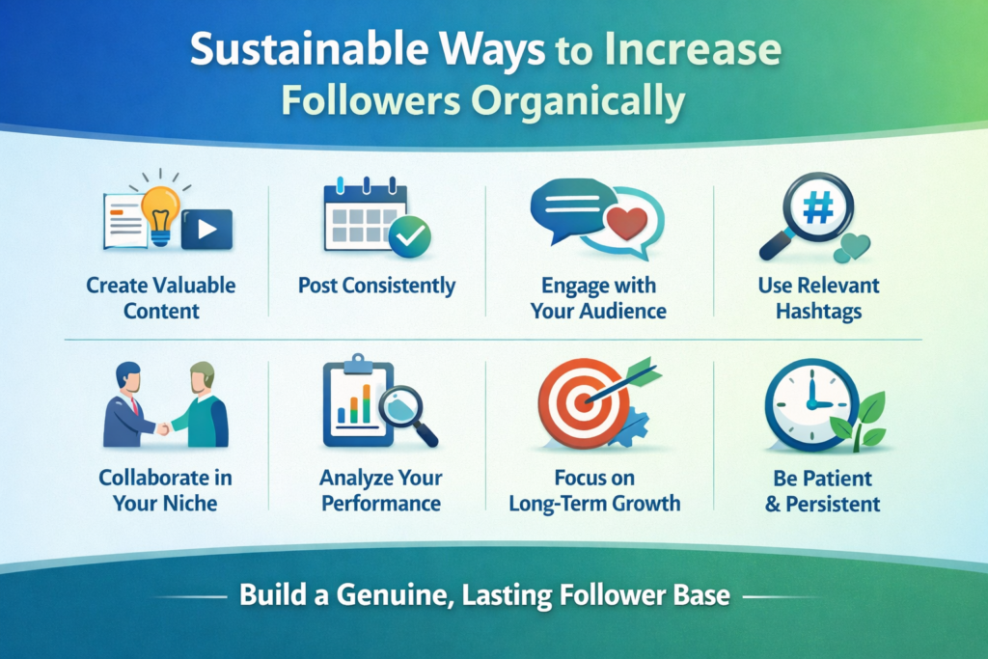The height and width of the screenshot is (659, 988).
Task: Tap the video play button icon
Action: (x=206, y=230)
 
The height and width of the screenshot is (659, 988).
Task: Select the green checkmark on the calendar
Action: (x=409, y=236)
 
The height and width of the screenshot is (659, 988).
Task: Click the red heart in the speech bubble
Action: (x=626, y=222)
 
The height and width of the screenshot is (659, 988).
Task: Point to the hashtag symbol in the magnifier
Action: (x=818, y=207)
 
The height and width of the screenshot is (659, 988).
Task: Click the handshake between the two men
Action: (x=163, y=429)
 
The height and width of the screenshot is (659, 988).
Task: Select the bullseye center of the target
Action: (x=584, y=402)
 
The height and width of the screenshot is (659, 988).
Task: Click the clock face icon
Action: (x=811, y=404)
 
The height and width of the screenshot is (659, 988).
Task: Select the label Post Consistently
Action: (x=377, y=286)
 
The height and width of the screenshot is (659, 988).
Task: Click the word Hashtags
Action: (x=818, y=312)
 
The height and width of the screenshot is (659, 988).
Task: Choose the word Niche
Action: (x=189, y=503)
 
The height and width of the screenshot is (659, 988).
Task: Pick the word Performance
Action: (x=381, y=504)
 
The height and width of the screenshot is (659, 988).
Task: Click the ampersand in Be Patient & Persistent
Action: (x=773, y=504)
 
